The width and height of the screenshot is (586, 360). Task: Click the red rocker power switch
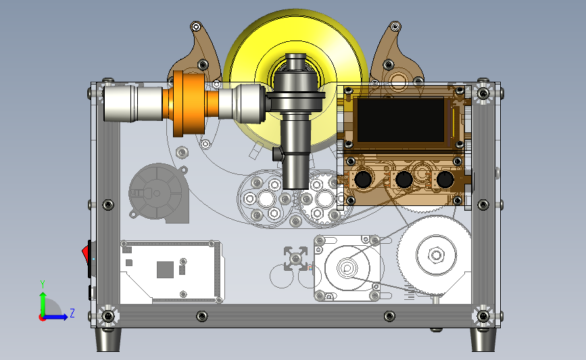[x=86, y=253]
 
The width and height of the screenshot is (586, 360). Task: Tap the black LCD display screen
[x=401, y=120]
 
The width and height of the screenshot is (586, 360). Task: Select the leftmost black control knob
[x=362, y=179]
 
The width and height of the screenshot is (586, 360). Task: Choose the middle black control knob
[x=404, y=180]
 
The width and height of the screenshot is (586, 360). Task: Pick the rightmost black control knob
[x=445, y=180]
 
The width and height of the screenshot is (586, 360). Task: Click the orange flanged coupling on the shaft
[x=189, y=103]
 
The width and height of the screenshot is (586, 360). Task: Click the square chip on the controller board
[x=165, y=269]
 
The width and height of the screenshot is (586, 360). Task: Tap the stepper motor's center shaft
[x=347, y=267]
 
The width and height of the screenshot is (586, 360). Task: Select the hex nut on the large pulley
[x=436, y=255]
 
